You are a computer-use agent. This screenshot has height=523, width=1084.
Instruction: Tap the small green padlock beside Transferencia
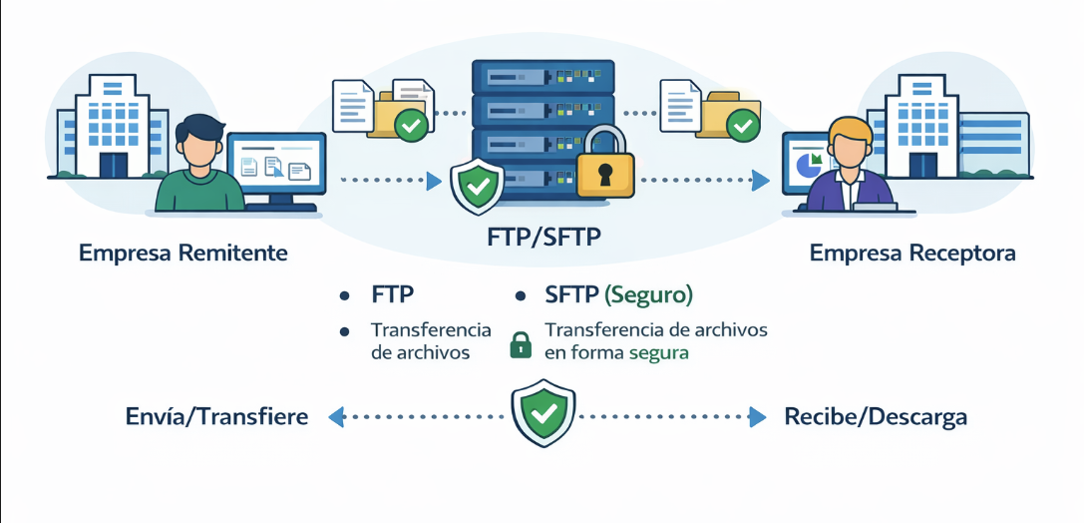click(x=521, y=344)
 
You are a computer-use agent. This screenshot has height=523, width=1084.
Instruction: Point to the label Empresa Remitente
click(x=183, y=254)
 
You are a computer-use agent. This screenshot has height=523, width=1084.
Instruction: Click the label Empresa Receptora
click(x=912, y=254)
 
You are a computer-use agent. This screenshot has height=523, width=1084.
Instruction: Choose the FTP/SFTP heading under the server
click(x=542, y=241)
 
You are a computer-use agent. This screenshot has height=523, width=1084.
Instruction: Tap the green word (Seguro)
click(x=648, y=295)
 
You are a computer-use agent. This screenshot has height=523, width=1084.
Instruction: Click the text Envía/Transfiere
click(x=217, y=416)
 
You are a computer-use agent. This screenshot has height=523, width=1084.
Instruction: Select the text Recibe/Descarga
click(x=876, y=416)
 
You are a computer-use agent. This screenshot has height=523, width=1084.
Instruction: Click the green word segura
click(x=658, y=352)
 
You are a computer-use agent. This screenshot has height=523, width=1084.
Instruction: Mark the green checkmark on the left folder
click(x=412, y=125)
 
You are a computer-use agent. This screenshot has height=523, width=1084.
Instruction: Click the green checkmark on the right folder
click(x=741, y=125)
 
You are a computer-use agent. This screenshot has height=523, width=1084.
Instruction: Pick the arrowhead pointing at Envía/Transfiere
click(x=337, y=417)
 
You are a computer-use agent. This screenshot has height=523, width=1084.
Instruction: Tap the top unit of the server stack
click(x=542, y=76)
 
